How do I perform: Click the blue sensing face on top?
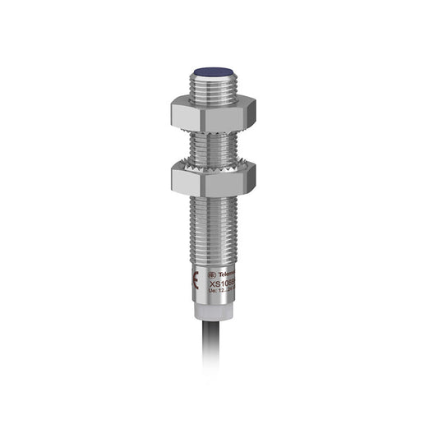click(x=213, y=72)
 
